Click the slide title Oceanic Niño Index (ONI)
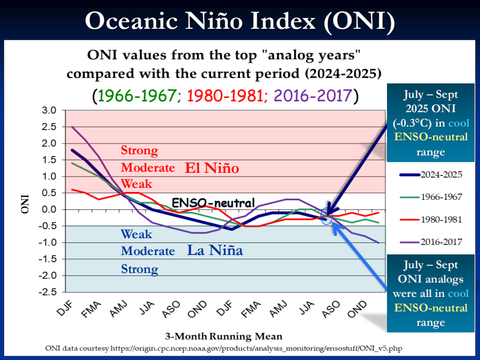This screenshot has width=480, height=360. [x=240, y=21]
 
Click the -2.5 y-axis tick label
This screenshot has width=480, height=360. [x=47, y=292]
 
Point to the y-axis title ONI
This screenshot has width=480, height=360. [x=25, y=202]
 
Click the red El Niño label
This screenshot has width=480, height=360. [x=212, y=169]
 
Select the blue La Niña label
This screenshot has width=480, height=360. [x=214, y=251]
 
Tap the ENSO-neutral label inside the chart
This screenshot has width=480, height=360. [x=214, y=203]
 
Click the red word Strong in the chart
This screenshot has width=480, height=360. [x=139, y=151]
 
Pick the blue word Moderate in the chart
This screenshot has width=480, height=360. [x=148, y=251]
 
